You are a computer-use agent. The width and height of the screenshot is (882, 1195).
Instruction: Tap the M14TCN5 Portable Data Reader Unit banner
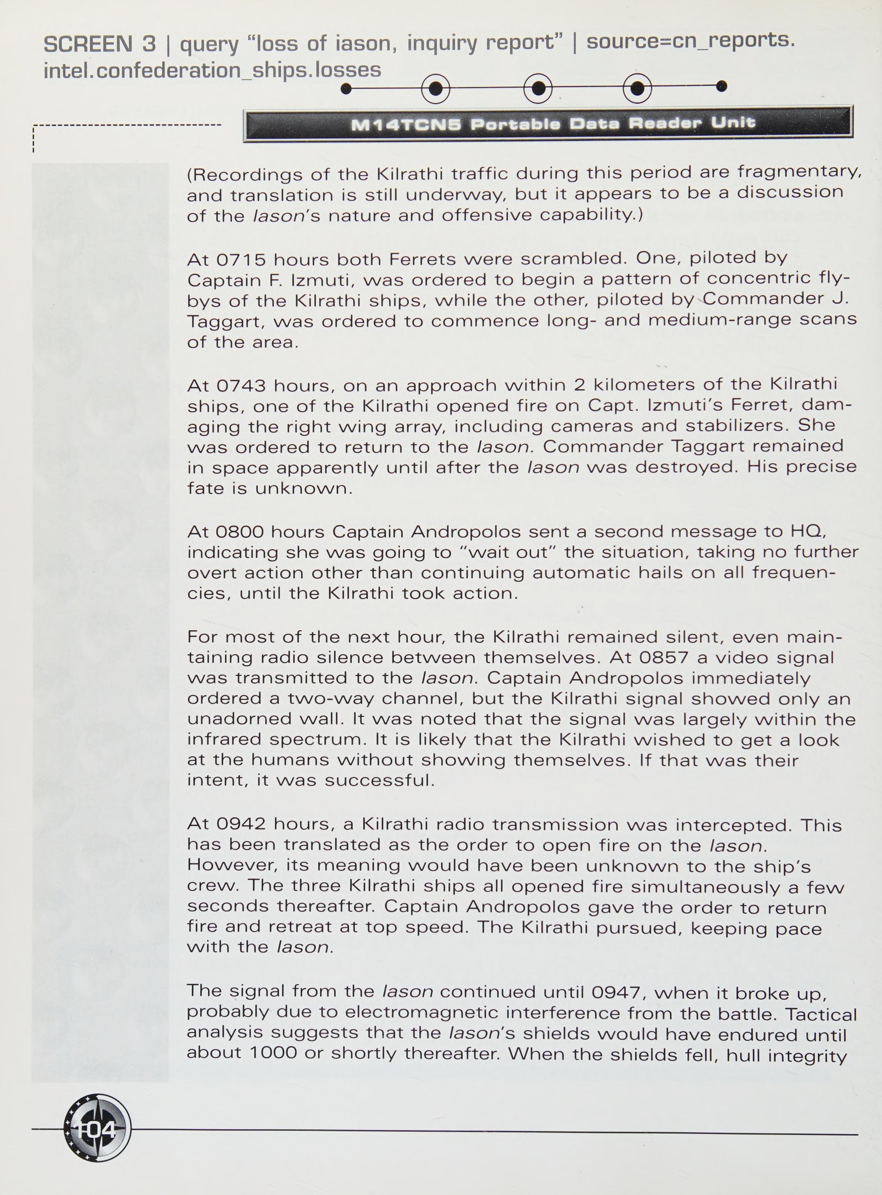[x=548, y=124]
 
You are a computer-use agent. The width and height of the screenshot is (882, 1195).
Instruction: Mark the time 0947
[x=616, y=993]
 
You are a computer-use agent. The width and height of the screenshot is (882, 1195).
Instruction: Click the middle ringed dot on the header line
[x=538, y=88]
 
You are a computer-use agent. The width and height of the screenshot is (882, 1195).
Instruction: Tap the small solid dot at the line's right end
[x=721, y=86]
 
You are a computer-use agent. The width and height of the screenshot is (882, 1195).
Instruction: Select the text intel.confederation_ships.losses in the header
[x=212, y=70]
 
